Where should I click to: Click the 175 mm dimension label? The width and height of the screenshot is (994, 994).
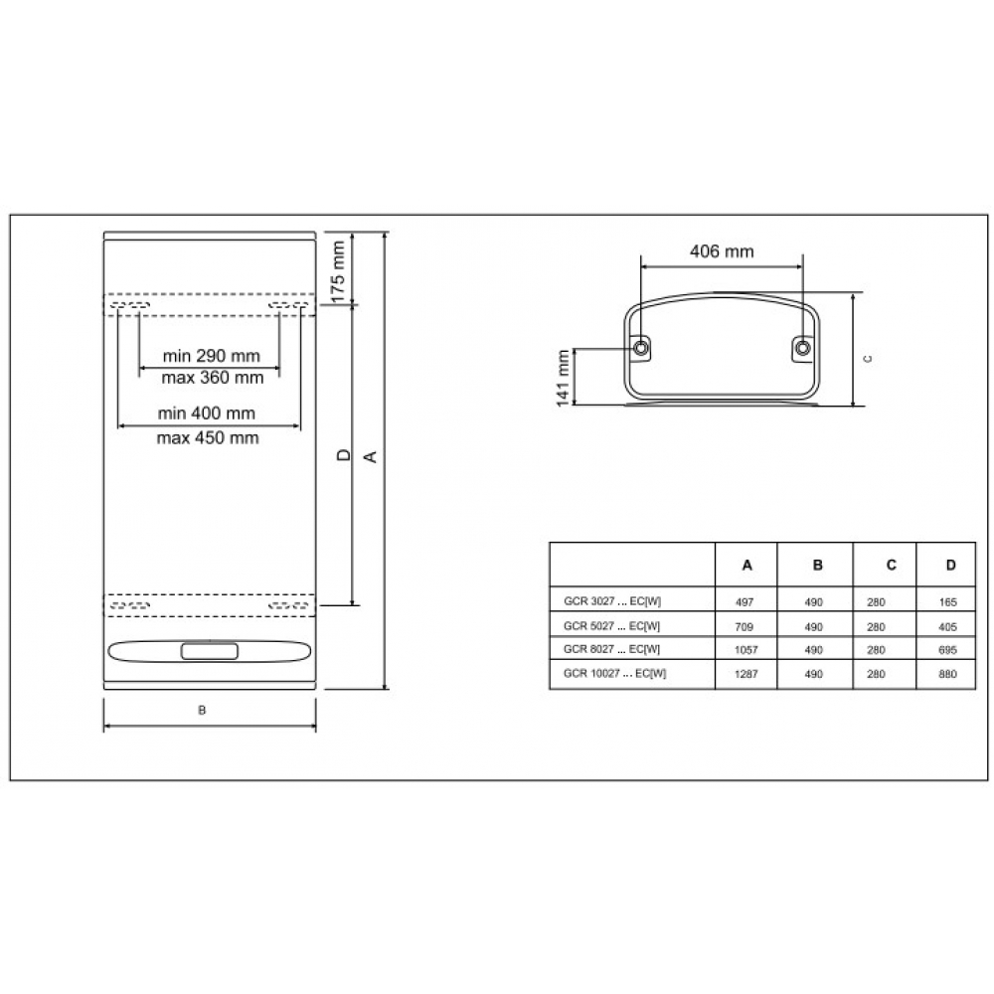pos(338,271)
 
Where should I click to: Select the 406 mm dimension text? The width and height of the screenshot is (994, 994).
pos(722,251)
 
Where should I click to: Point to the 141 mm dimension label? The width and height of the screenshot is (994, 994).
pos(563,378)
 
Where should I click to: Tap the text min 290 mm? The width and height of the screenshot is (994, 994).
pos(211,356)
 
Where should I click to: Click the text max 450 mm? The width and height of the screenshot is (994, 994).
pos(208,437)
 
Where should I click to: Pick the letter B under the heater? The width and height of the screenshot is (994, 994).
pos(202,710)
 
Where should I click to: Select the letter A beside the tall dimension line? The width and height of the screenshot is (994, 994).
pos(371,456)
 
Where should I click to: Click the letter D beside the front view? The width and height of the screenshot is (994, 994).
pos(344,454)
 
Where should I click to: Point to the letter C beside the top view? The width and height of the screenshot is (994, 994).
pos(867,359)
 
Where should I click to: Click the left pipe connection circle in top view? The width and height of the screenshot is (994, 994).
pos(641,347)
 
